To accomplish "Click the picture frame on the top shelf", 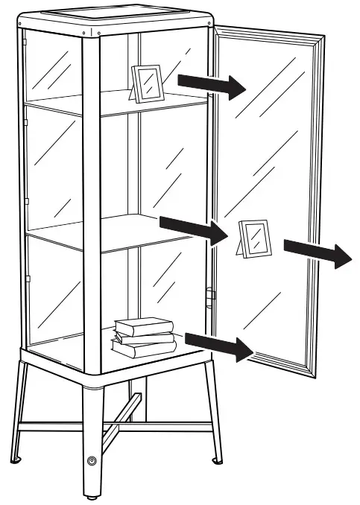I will (x=147, y=82).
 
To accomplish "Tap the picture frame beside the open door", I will (x=256, y=239).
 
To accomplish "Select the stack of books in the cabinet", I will (x=144, y=337).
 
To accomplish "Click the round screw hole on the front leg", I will (x=92, y=462).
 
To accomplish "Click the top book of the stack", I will (x=144, y=325).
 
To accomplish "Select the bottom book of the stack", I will (x=143, y=349).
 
